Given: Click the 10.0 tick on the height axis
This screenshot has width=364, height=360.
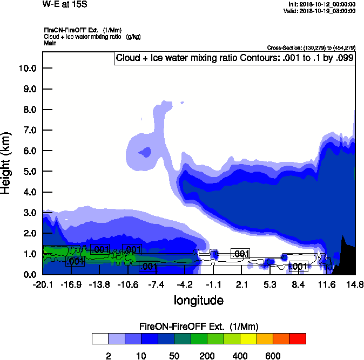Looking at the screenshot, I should [28, 69].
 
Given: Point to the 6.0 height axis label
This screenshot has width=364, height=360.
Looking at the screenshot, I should [28, 151].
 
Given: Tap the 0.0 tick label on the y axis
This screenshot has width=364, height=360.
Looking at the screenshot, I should [28, 274].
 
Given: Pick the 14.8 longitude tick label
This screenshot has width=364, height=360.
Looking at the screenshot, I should [355, 284].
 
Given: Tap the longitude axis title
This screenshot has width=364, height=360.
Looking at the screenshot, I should [198, 300].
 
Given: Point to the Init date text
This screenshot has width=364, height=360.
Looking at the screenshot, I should [322, 4].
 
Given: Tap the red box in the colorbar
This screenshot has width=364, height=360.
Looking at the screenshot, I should [298, 338].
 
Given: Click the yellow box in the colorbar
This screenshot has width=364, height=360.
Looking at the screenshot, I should [248, 338].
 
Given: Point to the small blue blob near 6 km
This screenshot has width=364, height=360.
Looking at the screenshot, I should [145, 152].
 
